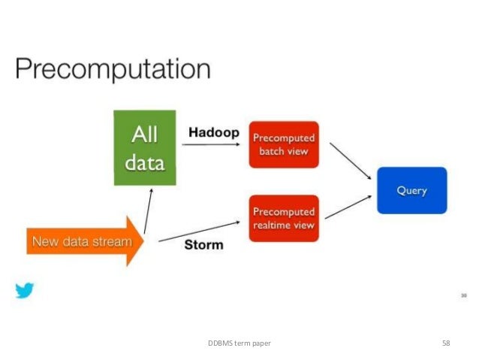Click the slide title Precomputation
pos(113,70)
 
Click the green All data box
pos(145,148)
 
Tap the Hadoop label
pos(214,132)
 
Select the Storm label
pos(203,244)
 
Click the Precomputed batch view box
pos(284,144)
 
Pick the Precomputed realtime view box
pos(284,218)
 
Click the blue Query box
pos(412,190)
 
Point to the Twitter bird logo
pos(25,290)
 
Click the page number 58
pos(446,343)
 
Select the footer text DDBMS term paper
pos(239,343)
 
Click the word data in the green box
pos(145,162)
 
